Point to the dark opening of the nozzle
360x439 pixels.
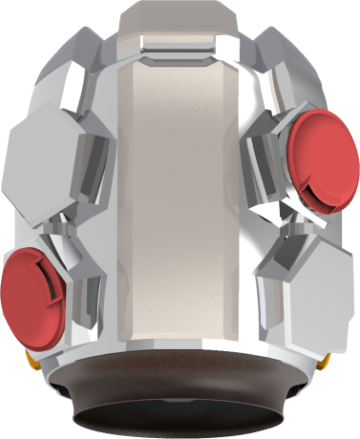[180, 420]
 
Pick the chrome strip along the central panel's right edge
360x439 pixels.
[241, 200]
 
